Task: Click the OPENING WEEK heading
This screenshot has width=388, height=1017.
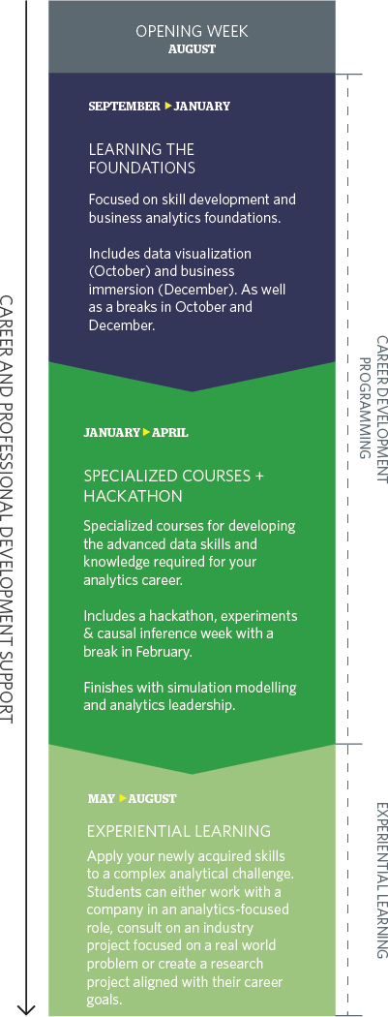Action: tap(192, 31)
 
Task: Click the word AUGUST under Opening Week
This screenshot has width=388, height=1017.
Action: tap(192, 49)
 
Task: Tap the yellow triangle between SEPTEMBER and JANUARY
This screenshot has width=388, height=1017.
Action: tap(168, 105)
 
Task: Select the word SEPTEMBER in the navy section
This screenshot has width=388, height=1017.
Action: tap(124, 106)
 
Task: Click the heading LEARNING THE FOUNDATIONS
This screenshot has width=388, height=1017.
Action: tap(142, 159)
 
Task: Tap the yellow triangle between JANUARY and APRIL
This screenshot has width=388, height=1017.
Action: tap(146, 432)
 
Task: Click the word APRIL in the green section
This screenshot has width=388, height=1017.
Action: tap(169, 433)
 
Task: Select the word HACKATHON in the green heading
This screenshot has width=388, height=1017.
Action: tap(133, 496)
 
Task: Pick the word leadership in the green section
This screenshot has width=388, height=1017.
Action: tap(202, 705)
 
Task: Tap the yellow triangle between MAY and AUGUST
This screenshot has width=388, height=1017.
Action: tap(123, 798)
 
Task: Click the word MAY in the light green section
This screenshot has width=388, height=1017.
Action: tap(101, 799)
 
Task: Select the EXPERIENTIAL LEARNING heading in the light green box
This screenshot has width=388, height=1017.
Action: tap(179, 831)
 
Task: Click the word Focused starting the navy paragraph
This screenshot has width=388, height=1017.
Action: tap(111, 200)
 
